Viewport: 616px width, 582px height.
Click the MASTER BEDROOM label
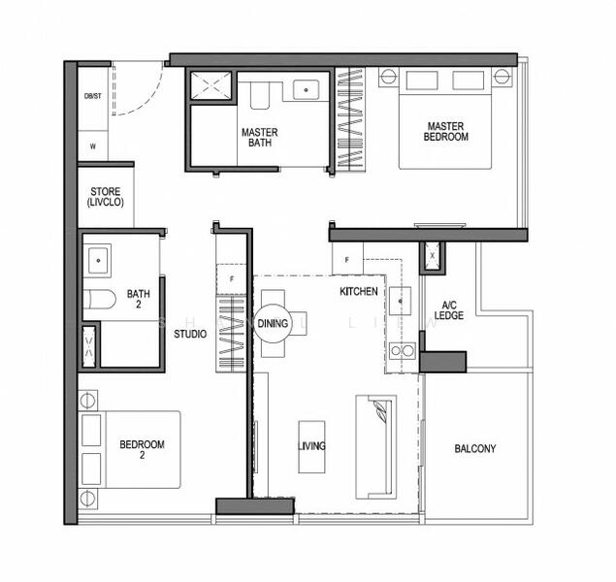(x=445, y=131)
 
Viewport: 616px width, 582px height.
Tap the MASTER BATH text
(x=259, y=138)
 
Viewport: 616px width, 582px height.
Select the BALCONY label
(x=474, y=449)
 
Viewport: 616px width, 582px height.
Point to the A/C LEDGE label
(x=448, y=309)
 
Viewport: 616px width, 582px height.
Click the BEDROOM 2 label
(x=142, y=450)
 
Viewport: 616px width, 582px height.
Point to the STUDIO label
(x=189, y=335)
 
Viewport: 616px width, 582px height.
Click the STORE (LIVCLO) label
(x=105, y=197)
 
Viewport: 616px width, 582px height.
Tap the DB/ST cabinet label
(x=93, y=96)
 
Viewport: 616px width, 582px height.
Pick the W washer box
(x=93, y=146)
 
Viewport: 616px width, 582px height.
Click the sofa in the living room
(x=375, y=445)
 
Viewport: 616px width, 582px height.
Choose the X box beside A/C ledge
(x=432, y=256)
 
